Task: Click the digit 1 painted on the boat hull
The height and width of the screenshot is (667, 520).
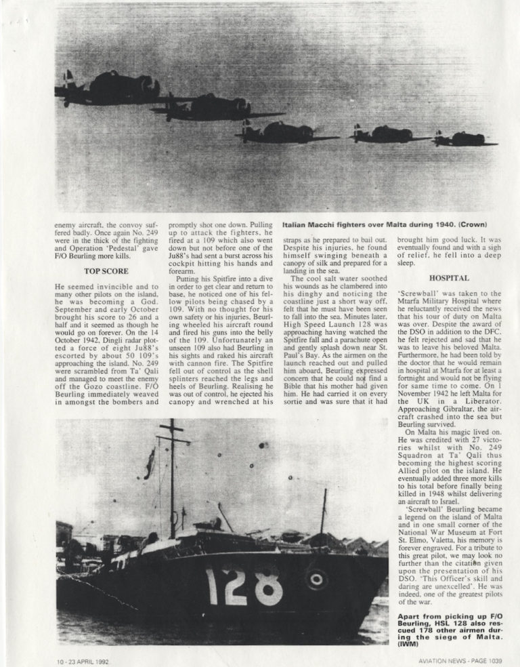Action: click(212, 586)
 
